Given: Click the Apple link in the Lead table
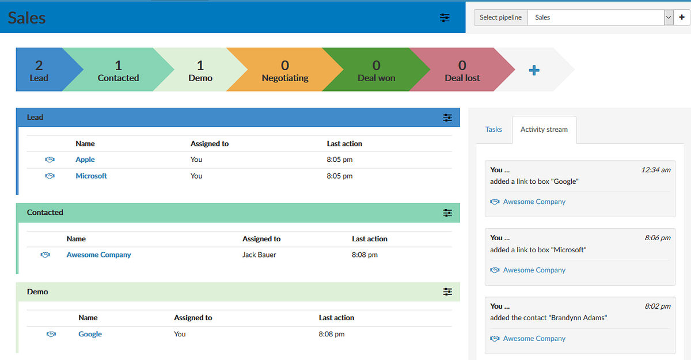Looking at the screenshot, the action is pyautogui.click(x=85, y=160).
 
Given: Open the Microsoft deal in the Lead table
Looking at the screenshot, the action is pyautogui.click(x=92, y=176).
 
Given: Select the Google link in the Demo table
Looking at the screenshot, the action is pyautogui.click(x=90, y=334).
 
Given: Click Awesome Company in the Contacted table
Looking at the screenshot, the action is pyautogui.click(x=98, y=255).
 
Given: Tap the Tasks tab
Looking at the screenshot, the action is pyautogui.click(x=493, y=129).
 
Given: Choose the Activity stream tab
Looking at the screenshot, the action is pyautogui.click(x=544, y=130).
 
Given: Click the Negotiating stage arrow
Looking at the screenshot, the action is pyautogui.click(x=285, y=70).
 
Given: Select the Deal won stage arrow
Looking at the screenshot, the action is pyautogui.click(x=377, y=70).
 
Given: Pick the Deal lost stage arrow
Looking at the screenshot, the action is pyautogui.click(x=462, y=70).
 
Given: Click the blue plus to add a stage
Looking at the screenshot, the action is pyautogui.click(x=534, y=70).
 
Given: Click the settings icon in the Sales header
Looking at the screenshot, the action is pyautogui.click(x=445, y=18).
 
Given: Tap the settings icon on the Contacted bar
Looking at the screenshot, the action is pyautogui.click(x=447, y=213).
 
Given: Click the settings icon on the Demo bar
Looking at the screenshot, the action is pyautogui.click(x=447, y=292).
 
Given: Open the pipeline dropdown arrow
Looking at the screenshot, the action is pyautogui.click(x=669, y=18).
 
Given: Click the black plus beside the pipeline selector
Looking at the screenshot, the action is pyautogui.click(x=682, y=17).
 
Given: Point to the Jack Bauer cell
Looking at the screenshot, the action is pyautogui.click(x=259, y=255).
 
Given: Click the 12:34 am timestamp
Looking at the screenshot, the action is pyautogui.click(x=656, y=170).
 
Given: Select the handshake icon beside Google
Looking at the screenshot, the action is pyautogui.click(x=51, y=334).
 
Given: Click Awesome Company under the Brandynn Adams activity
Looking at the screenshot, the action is pyautogui.click(x=534, y=339).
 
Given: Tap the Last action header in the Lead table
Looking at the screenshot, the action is pyautogui.click(x=344, y=144).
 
